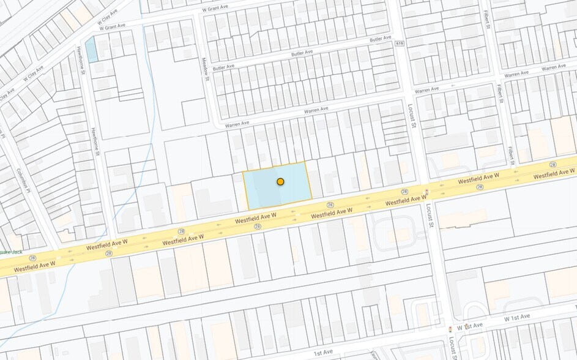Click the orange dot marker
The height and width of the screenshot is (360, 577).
point(280,181)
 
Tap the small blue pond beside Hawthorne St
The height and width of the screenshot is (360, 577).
point(91,50)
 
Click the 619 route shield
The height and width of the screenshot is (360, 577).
point(400,43)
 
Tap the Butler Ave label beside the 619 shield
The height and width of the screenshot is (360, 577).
point(380,39)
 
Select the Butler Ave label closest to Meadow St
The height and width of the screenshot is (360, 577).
point(223,67)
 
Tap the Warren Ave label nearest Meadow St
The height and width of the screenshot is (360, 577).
point(237,124)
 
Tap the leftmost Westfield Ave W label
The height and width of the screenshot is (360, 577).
point(34,265)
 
